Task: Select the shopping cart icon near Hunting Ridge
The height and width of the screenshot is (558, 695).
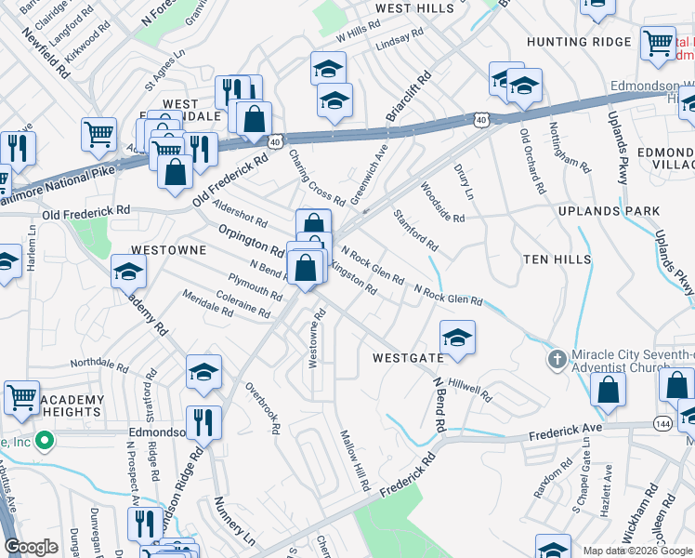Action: point(658,41)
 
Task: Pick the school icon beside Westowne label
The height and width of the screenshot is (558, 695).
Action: point(128,272)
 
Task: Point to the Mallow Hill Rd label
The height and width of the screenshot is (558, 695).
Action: point(357,462)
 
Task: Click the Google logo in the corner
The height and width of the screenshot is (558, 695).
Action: point(31,547)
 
